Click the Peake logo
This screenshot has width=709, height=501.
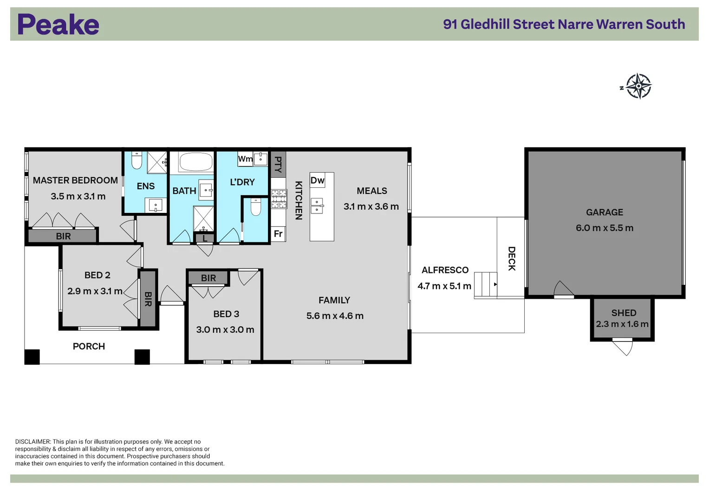(x=58, y=24)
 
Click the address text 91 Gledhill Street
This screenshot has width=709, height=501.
(x=499, y=24)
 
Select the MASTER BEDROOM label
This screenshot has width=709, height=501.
(x=75, y=180)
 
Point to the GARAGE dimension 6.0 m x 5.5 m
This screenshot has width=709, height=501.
(x=605, y=228)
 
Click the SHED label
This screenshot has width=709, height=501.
(x=624, y=313)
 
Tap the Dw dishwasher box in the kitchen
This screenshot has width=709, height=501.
(x=317, y=180)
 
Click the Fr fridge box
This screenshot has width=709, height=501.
(x=278, y=234)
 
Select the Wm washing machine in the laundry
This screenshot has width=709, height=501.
(x=245, y=159)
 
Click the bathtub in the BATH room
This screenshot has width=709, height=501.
(x=195, y=162)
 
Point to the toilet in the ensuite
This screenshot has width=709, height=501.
(x=137, y=161)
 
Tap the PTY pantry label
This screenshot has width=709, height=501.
(x=278, y=164)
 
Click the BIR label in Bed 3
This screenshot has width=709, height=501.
(x=208, y=278)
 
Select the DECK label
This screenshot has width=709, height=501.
(x=512, y=258)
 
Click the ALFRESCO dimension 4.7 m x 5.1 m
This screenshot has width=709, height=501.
(x=444, y=286)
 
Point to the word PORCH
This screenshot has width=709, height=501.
(x=89, y=347)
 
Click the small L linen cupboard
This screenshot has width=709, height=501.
(x=205, y=238)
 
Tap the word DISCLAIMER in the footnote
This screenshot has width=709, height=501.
(x=33, y=442)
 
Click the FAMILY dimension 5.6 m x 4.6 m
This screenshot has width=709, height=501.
(x=335, y=315)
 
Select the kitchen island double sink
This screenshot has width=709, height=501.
(x=317, y=206)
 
